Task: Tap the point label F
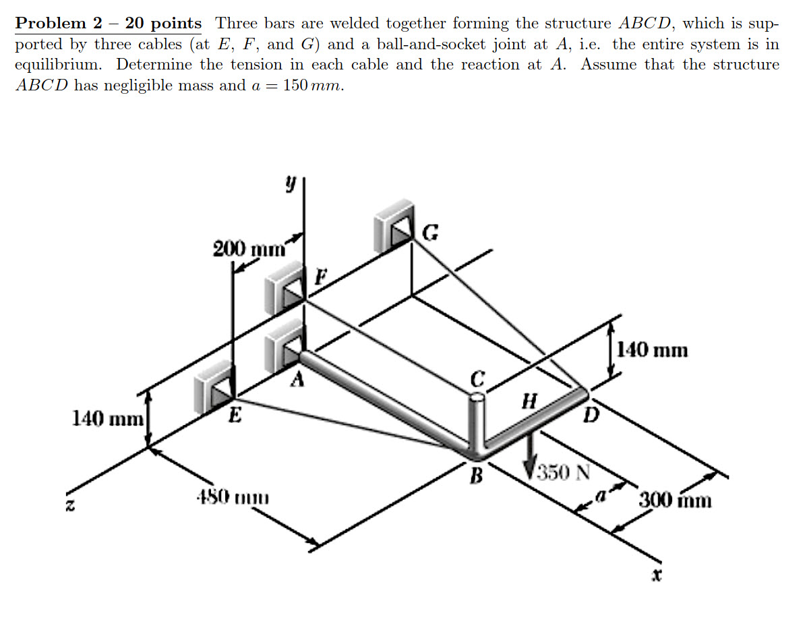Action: click(322, 276)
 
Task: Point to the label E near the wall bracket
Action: click(233, 415)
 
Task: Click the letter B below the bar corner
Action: click(477, 476)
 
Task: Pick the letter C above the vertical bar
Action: click(477, 379)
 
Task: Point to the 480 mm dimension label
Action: click(231, 500)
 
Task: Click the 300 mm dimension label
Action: click(674, 501)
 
